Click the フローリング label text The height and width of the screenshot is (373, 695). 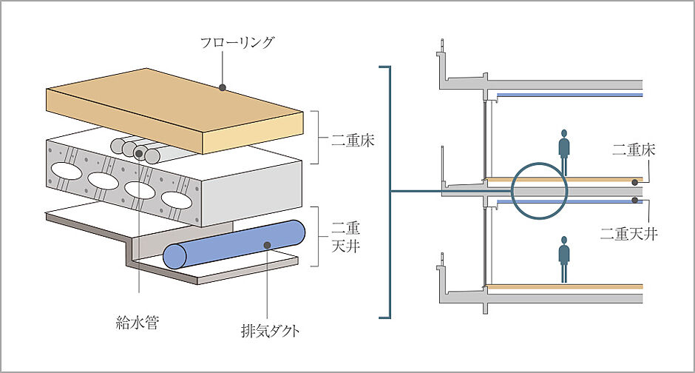(237, 42)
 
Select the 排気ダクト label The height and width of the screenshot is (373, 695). (270, 331)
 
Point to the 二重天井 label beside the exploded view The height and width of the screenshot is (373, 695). (344, 238)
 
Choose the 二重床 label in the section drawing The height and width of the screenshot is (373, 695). (634, 150)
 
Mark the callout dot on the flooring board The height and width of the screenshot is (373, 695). (222, 87)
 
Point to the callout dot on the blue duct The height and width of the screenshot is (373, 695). (267, 244)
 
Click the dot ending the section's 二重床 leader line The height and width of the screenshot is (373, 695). (636, 181)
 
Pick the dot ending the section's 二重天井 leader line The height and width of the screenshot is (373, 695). (636, 201)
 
